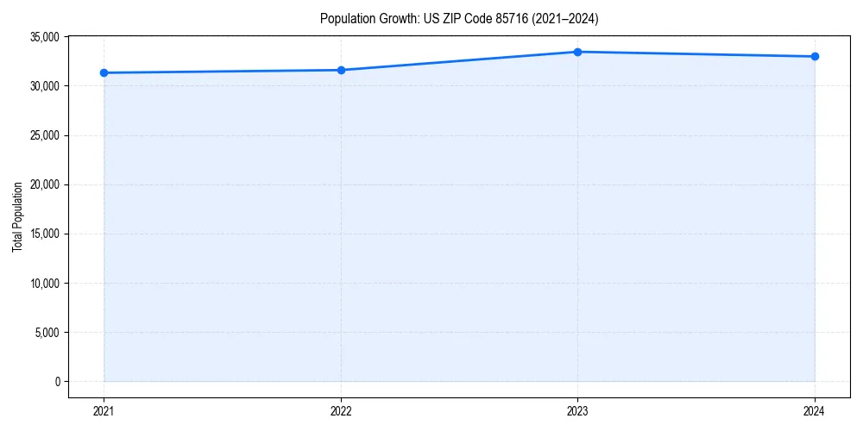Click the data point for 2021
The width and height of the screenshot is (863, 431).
coord(104,72)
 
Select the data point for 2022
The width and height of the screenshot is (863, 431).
coord(341,70)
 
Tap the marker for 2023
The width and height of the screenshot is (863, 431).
coord(577,52)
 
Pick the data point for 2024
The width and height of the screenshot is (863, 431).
coord(815,57)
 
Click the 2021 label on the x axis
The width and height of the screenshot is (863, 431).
coord(104,410)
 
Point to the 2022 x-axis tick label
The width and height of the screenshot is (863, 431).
coord(341,410)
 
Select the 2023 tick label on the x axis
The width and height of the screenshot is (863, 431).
coord(577,410)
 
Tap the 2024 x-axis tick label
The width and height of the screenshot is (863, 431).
coord(815,410)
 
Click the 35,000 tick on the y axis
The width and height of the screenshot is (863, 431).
coord(43,37)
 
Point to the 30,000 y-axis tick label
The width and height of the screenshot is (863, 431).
coord(43,86)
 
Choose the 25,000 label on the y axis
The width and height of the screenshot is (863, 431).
coord(43,135)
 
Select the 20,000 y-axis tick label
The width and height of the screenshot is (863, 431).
coord(43,184)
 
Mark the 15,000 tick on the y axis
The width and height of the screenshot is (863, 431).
coord(43,234)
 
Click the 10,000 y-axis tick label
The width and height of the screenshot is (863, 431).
coord(43,283)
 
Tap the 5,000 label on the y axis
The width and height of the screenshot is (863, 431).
coord(47,332)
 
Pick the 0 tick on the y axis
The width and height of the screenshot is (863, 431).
coord(56,381)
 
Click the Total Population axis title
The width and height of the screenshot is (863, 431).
coord(17,216)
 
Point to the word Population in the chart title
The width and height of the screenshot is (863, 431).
coord(346,18)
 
